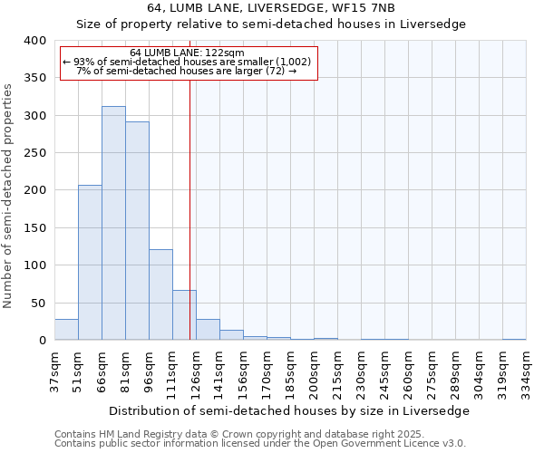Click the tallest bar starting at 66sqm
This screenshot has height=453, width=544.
point(113,223)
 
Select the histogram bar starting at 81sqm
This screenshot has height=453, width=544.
point(137,231)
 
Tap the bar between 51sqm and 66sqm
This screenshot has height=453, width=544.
point(90,263)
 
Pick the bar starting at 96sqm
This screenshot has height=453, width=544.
point(160,294)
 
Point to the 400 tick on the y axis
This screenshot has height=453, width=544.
point(34,41)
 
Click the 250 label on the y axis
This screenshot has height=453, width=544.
point(34,153)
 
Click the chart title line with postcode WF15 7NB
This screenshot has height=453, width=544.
point(271,7)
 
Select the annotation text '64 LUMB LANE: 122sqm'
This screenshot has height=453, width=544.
point(187,53)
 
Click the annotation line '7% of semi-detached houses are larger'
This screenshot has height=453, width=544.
point(187,71)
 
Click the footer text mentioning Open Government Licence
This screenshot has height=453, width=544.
point(259,443)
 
